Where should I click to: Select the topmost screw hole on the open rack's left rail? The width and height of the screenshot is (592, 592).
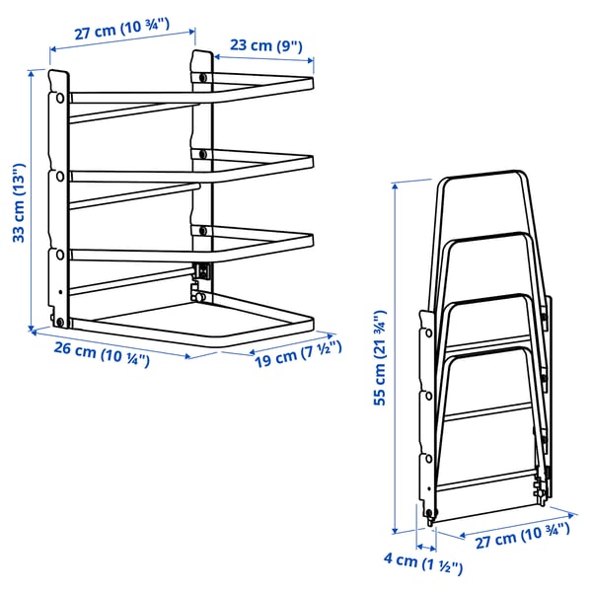pyautogui.click(x=59, y=98)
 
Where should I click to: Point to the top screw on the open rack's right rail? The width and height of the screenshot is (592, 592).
pyautogui.click(x=203, y=75)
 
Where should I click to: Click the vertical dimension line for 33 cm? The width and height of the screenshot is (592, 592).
pyautogui.click(x=48, y=197)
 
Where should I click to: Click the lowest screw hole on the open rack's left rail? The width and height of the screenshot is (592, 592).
pyautogui.click(x=60, y=321)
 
